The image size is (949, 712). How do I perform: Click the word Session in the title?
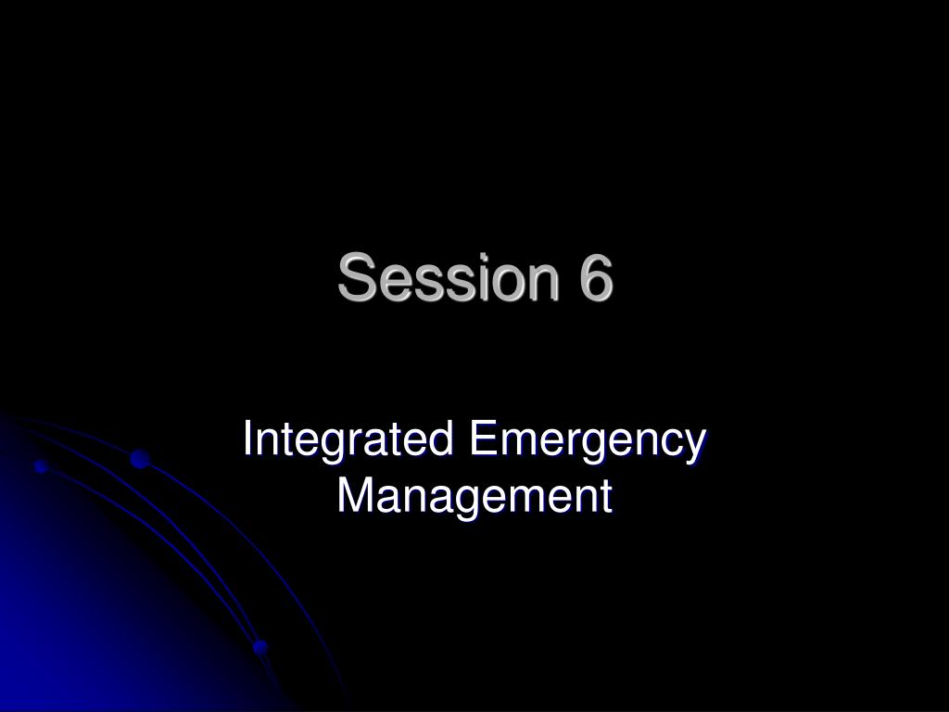pyautogui.click(x=449, y=277)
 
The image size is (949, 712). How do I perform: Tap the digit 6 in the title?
pyautogui.click(x=596, y=277)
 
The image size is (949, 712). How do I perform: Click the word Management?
pyautogui.click(x=474, y=495)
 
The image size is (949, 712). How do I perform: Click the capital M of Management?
pyautogui.click(x=354, y=495)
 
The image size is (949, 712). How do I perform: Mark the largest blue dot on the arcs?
pyautogui.click(x=140, y=459)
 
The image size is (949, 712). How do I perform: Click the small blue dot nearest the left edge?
pyautogui.click(x=41, y=466)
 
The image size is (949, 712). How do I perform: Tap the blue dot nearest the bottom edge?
pyautogui.click(x=260, y=647)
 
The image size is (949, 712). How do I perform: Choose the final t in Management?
pyautogui.click(x=606, y=496)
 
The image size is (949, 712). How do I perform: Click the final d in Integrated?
pyautogui.click(x=442, y=439)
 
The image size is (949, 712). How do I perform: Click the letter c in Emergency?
pyautogui.click(x=673, y=444)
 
